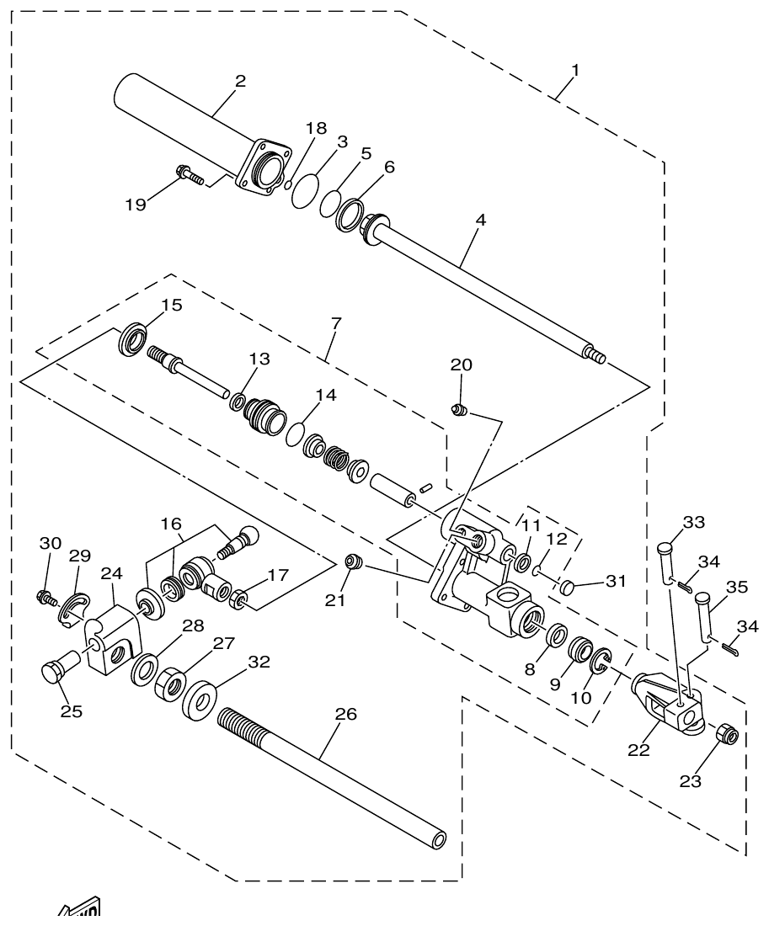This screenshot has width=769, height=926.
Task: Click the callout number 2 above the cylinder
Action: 240,82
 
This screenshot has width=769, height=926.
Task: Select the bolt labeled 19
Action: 190,176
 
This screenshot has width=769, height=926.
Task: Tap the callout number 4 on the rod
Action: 480,221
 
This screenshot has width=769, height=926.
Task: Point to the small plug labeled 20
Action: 460,410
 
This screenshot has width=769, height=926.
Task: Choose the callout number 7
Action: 335,324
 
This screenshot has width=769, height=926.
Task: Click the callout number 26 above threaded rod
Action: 345,715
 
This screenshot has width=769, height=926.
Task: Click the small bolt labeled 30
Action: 44,597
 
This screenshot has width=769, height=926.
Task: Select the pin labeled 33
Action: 665,556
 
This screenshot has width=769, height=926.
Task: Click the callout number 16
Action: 171,524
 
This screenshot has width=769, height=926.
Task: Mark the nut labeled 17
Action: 239,599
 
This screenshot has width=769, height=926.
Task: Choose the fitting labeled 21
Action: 355,561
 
